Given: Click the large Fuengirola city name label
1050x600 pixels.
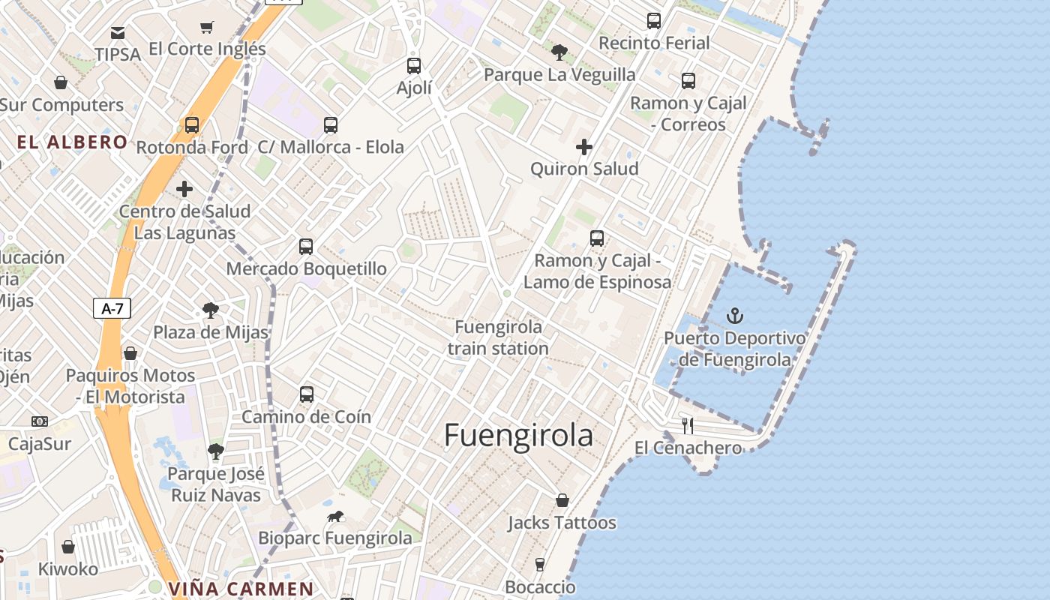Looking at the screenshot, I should [518, 436].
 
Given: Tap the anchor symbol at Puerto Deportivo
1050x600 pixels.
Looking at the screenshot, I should [735, 316].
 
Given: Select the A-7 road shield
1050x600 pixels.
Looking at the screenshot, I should [112, 308].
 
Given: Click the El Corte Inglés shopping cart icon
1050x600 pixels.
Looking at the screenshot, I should [207, 28].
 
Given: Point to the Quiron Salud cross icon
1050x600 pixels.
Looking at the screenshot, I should [584, 147].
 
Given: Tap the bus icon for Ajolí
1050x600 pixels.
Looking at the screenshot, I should [414, 66].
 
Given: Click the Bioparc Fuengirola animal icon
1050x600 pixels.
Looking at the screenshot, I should [335, 516].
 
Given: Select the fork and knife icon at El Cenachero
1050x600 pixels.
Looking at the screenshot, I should [688, 426].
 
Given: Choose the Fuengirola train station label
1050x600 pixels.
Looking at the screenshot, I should [499, 337].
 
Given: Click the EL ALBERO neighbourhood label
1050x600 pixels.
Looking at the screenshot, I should [72, 142].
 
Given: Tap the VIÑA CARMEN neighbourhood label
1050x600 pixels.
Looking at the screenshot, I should [241, 589].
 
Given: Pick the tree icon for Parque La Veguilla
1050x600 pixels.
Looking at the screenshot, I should [559, 52].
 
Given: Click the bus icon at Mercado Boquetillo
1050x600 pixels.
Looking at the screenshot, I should [306, 246].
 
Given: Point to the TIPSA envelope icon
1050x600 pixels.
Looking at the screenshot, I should [118, 33].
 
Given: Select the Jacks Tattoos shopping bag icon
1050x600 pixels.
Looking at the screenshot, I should [562, 500].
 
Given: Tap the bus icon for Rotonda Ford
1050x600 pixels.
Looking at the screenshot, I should [192, 125].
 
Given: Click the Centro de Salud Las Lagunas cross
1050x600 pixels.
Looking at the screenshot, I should [184, 189].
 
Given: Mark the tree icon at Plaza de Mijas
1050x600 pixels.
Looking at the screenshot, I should [211, 310].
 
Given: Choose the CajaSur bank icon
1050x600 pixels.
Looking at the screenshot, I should [40, 421].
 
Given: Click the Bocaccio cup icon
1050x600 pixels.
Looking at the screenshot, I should [540, 565].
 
